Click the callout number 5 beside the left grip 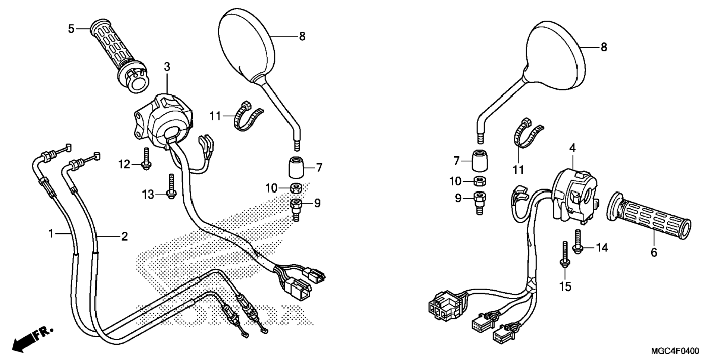[71, 29]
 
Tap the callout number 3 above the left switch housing [167, 67]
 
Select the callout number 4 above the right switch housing [572, 148]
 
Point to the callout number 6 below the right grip [654, 252]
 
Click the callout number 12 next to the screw [124, 164]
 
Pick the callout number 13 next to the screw [148, 194]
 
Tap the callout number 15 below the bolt [566, 287]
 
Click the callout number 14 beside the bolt [602, 247]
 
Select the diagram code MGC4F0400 [675, 351]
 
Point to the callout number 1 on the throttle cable [51, 234]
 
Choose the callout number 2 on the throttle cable [124, 236]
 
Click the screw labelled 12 [146, 158]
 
